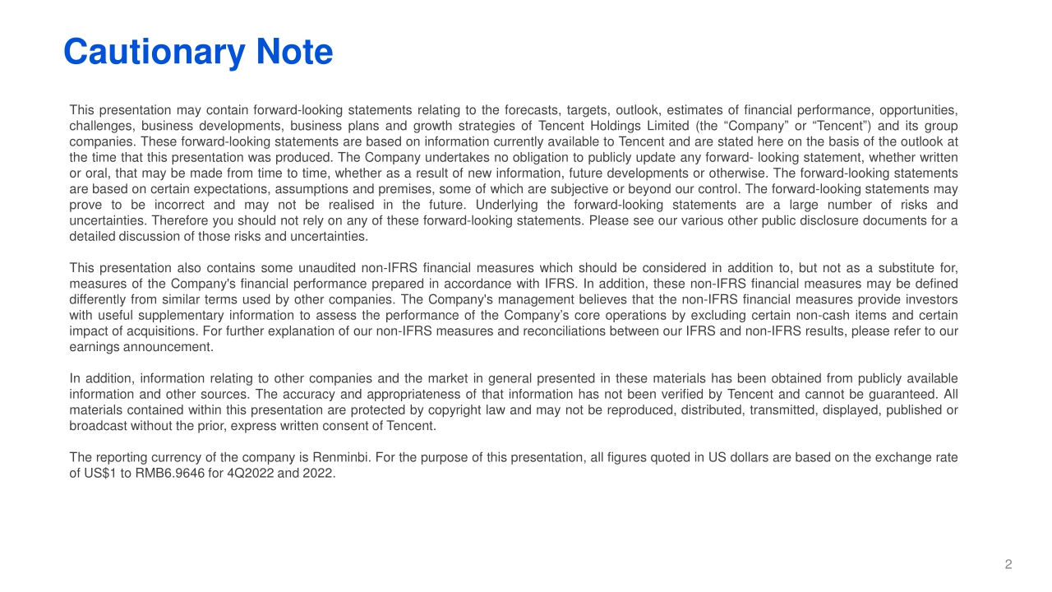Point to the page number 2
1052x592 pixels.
click(1008, 564)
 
